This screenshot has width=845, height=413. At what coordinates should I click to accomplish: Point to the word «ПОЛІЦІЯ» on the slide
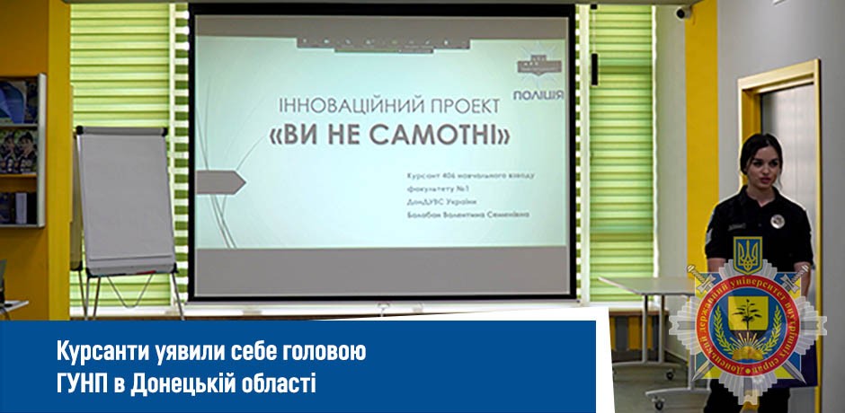point(538,93)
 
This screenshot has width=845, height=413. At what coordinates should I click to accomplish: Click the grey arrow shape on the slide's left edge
point(220,182)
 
